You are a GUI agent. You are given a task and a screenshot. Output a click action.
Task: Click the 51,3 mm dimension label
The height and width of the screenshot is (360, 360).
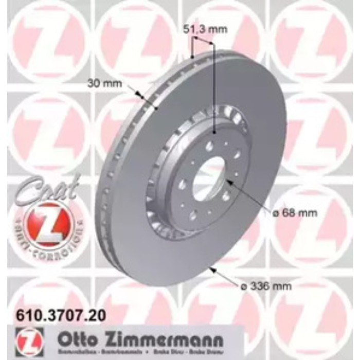205,29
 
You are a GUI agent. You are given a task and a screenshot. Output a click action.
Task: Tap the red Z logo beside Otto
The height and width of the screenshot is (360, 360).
30,341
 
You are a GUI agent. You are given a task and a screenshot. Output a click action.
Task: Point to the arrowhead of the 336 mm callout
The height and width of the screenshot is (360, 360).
211,267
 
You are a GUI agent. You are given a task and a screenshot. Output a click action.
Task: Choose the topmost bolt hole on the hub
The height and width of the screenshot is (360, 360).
209,146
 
